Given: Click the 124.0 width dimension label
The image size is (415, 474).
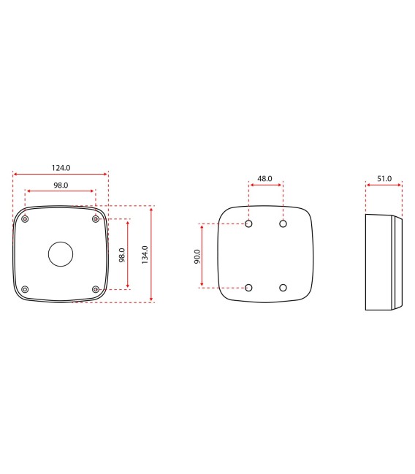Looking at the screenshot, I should tap(61, 167).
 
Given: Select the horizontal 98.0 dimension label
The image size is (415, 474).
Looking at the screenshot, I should tap(61, 186).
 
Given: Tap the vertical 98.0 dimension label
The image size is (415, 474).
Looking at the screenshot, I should tap(122, 255).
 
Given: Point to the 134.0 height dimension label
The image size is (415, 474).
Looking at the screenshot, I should tap(145, 253).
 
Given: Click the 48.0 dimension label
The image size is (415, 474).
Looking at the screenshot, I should tap(265, 178).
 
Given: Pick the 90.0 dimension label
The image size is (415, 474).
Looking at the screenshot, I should tap(197, 256).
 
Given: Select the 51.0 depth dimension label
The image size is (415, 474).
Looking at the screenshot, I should tap(384, 178).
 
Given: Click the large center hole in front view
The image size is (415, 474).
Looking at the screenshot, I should tap(61, 254).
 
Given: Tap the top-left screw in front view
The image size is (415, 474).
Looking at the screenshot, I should tap(26, 219).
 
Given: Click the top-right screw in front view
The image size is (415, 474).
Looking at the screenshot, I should tap(96, 219).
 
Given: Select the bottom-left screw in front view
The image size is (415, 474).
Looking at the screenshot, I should tap(26, 289).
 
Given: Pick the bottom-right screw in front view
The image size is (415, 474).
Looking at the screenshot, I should tap(96, 289).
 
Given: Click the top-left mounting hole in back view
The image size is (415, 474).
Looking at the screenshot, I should tap(249, 224).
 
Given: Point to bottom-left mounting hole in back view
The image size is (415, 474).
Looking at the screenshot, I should tap(249, 288).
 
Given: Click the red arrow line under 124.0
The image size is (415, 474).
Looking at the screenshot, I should tap(61, 174).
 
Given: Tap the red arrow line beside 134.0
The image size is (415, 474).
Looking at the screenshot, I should tap(151, 253).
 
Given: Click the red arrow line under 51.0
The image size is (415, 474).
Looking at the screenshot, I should tap(384, 186).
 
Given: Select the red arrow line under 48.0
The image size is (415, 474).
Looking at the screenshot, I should tap(266, 186).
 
